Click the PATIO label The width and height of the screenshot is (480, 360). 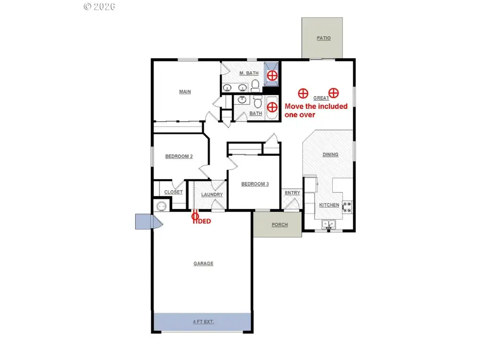[x=323, y=38]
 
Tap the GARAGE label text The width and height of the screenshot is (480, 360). [x=203, y=263]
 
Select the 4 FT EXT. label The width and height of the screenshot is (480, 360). [x=203, y=322]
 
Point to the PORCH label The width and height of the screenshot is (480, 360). [x=279, y=225]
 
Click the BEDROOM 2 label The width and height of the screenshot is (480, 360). [x=179, y=156]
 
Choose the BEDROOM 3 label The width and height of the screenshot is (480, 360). [x=255, y=184]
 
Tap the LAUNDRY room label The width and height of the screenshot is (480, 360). [x=212, y=194]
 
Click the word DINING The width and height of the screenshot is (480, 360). [x=331, y=155]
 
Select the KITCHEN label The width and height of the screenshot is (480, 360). [x=329, y=205]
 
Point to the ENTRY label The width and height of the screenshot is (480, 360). [x=292, y=193]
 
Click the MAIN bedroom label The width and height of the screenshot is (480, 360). [x=185, y=92]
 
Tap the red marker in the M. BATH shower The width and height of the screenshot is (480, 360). [x=272, y=76]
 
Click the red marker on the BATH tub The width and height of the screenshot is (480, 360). [x=272, y=106]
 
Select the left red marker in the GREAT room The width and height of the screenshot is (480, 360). [x=302, y=93]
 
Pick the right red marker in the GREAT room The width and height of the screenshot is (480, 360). [x=333, y=93]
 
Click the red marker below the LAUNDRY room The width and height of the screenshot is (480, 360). [x=195, y=216]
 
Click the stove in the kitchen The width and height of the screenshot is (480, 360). [x=347, y=206]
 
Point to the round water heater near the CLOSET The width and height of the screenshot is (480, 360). [x=161, y=206]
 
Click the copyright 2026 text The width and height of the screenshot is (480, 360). [x=100, y=6]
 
